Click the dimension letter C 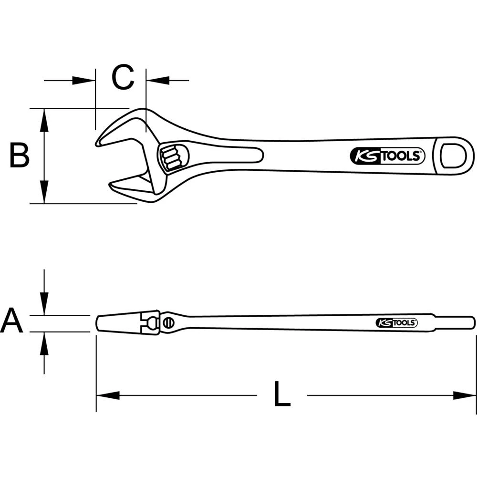(123, 78)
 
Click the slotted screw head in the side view (167, 323)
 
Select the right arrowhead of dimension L (465, 395)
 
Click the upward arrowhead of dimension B (44, 119)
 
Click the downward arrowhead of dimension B (44, 193)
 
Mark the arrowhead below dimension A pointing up (44, 343)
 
